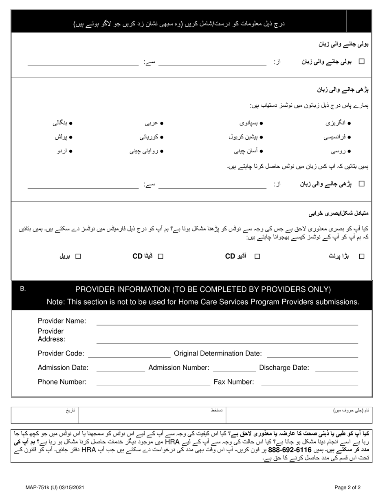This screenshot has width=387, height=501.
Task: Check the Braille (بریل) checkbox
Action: click(78, 256)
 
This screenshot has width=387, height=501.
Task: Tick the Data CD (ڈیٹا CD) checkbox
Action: click(160, 256)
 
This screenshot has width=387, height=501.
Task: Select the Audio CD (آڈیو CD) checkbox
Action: click(257, 256)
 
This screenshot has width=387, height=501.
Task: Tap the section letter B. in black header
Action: click(23, 289)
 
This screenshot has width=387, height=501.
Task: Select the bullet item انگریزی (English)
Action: click(338, 123)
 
